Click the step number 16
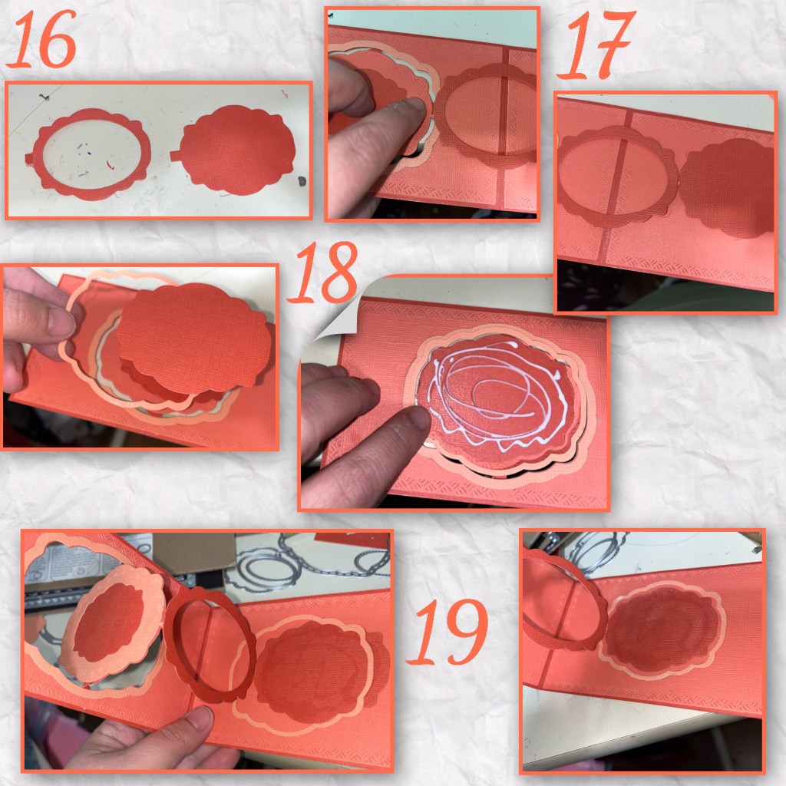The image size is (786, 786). pos(42,39)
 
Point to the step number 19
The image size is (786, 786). pos(447,632)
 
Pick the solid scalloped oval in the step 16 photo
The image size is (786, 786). pos(233,150)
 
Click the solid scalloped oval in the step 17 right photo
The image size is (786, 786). pos(727,187)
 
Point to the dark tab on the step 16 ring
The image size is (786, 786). pos(30,158)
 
